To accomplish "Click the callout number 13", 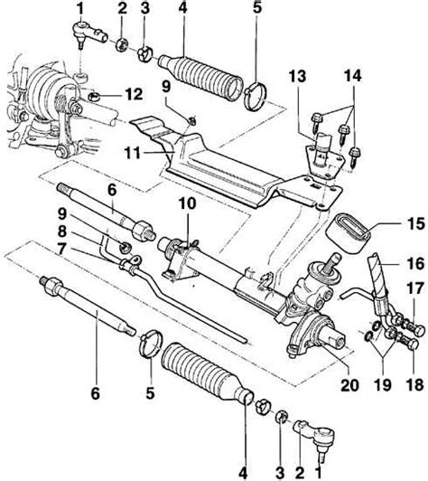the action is pyautogui.click(x=297, y=76).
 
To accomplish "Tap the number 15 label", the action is pyautogui.click(x=415, y=223).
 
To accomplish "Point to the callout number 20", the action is pyautogui.click(x=349, y=385).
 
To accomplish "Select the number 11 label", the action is pyautogui.click(x=133, y=153).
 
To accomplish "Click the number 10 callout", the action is pyautogui.click(x=187, y=203).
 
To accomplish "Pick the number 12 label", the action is pyautogui.click(x=134, y=94).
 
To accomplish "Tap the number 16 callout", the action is pyautogui.click(x=415, y=263).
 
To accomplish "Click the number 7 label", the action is pyautogui.click(x=62, y=250).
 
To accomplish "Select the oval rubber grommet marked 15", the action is pyautogui.click(x=348, y=234).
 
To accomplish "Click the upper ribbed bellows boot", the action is pyautogui.click(x=200, y=77).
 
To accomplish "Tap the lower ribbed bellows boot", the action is pyautogui.click(x=206, y=372).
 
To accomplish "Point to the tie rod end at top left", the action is pyautogui.click(x=90, y=34).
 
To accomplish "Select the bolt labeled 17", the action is pyautogui.click(x=413, y=328).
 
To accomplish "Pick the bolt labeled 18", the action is pyautogui.click(x=407, y=342).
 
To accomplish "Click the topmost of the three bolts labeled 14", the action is pyautogui.click(x=317, y=120).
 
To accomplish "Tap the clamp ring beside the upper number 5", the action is pyautogui.click(x=256, y=97).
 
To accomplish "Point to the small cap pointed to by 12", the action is pyautogui.click(x=93, y=97).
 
